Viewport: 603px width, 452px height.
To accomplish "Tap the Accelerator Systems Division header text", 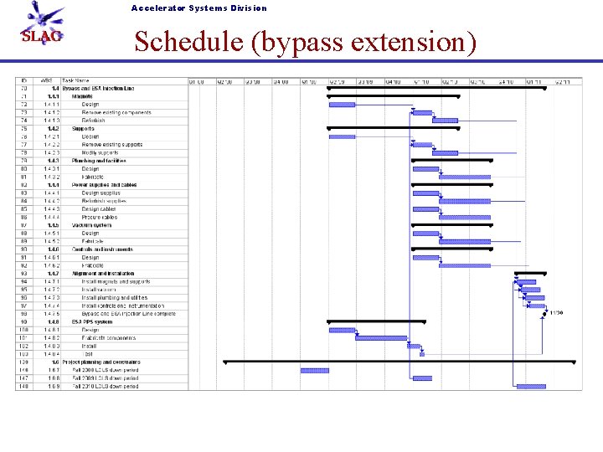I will tap(198, 8).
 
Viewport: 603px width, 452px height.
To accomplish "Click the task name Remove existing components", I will tap(116, 113).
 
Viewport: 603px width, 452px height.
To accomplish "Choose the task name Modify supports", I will tap(100, 153).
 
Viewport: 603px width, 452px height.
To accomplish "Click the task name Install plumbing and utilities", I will tap(115, 298).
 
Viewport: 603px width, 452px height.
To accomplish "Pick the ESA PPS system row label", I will tap(92, 322).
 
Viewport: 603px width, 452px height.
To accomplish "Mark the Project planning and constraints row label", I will tap(106, 362).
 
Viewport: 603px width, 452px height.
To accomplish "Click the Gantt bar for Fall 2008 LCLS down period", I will tap(315, 370).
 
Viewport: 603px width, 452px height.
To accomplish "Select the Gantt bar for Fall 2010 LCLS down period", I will tap(531, 387).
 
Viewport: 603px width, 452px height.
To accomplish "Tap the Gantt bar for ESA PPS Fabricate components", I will tap(380, 338).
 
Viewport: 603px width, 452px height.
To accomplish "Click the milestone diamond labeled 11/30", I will tap(546, 314).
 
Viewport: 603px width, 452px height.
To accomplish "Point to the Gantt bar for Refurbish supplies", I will tap(465, 201).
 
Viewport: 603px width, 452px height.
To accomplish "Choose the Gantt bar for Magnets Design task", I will tap(342, 105).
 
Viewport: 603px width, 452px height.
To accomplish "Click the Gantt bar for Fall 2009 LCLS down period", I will tap(422, 378).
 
